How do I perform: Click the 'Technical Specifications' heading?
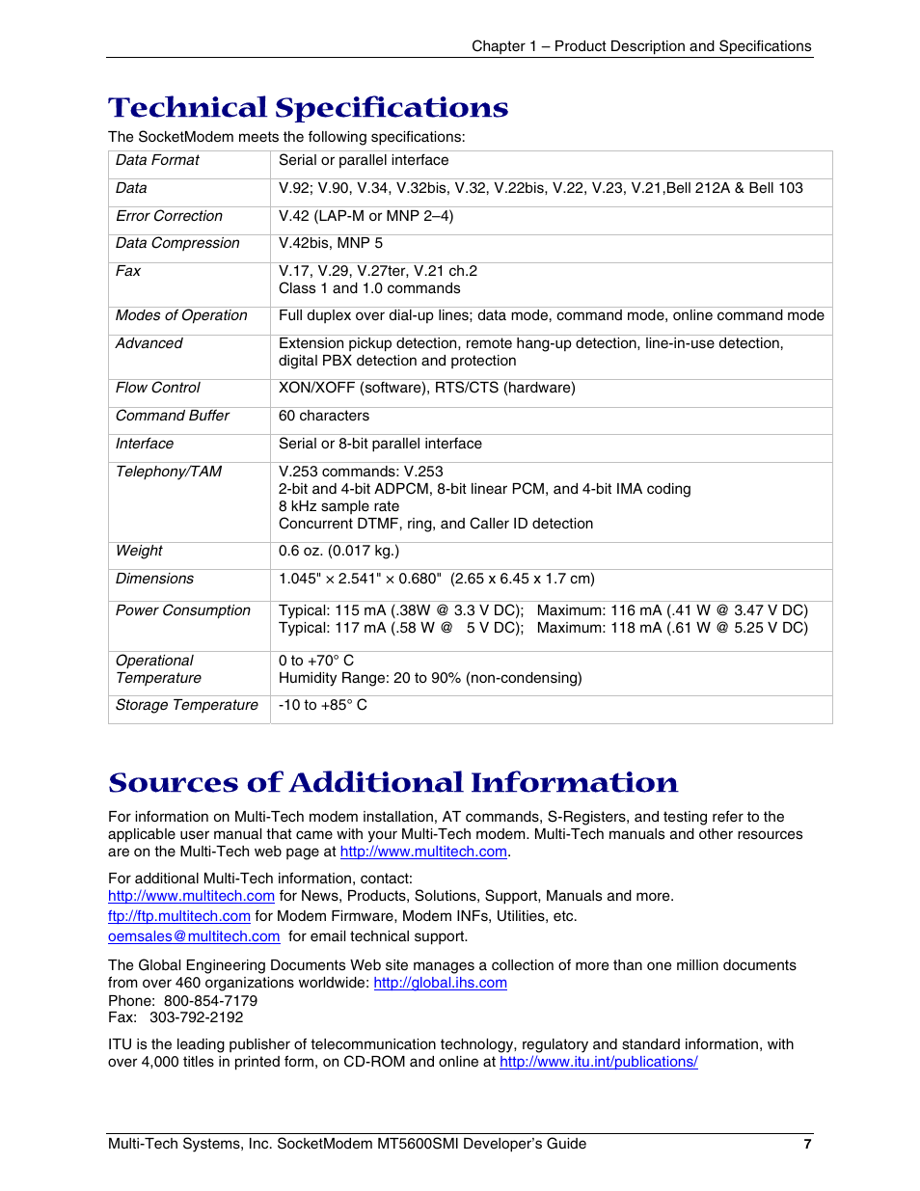[x=308, y=107]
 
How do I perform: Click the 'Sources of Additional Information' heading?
[x=392, y=782]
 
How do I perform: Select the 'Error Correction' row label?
[x=169, y=216]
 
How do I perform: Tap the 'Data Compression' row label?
[x=177, y=243]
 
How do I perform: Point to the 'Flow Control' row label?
[x=158, y=388]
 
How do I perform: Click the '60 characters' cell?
[x=324, y=416]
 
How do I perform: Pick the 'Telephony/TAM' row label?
[x=169, y=472]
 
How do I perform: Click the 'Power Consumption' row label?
[x=182, y=610]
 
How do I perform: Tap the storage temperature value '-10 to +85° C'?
[x=322, y=705]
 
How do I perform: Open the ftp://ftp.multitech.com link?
[x=179, y=916]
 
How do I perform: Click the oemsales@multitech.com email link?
[x=194, y=936]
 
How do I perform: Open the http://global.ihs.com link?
[x=440, y=983]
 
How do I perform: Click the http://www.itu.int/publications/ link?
[x=598, y=1062]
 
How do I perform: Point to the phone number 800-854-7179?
[x=210, y=1001]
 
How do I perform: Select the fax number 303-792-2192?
[x=196, y=1017]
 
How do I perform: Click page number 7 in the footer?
[x=807, y=1144]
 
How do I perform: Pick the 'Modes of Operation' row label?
[x=181, y=315]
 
